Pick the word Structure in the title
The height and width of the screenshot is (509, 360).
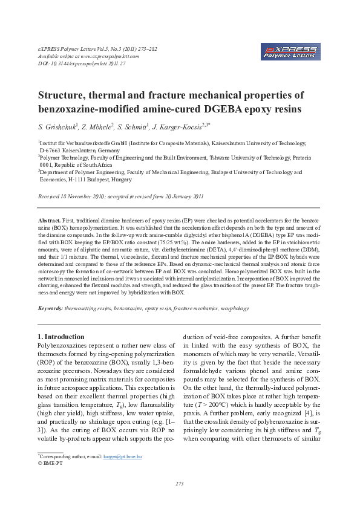[64, 95]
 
